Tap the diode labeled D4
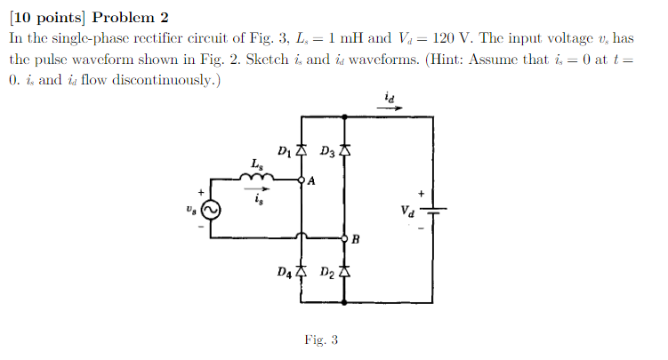302,271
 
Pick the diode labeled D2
344,271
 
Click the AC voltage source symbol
211,209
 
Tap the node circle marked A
302,180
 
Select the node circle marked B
344,238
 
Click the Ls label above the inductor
256,164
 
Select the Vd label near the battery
407,212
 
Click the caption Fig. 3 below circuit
320,340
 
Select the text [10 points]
45,18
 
